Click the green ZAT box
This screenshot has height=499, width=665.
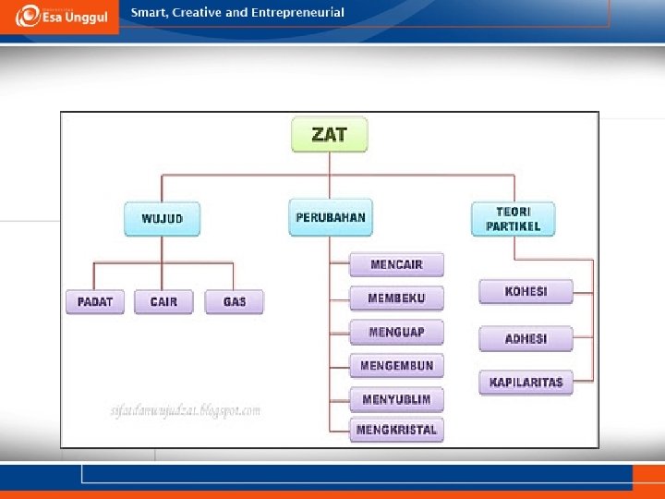point(330,134)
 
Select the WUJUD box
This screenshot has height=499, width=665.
point(163,219)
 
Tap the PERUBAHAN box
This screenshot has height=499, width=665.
point(330,217)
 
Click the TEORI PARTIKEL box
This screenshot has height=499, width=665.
point(513,219)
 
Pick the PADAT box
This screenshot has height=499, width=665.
point(95,302)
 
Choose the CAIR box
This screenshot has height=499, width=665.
point(163,302)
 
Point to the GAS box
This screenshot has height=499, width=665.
point(235,302)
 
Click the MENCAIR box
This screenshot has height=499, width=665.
point(396,265)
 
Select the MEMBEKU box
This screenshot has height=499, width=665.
point(396,298)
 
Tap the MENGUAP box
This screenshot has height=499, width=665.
point(396,332)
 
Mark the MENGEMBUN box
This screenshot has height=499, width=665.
point(396,366)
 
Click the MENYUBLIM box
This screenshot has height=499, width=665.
point(396,399)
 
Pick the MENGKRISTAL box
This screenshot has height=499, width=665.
point(396,430)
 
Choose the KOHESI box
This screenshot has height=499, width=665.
point(526,292)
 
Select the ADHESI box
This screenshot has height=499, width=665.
point(526,339)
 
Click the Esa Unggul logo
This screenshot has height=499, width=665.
point(60,17)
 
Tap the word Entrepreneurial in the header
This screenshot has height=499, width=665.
point(296,13)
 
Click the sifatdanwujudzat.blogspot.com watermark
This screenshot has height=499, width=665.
point(185,410)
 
